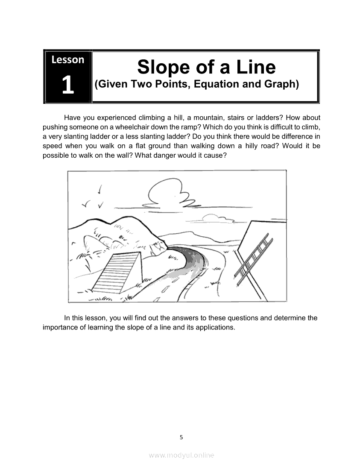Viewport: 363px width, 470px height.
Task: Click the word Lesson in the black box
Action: [67, 60]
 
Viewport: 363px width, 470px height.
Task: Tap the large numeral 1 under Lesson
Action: [68, 85]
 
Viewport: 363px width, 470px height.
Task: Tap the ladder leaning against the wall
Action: [254, 259]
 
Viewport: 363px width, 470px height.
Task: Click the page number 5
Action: [181, 438]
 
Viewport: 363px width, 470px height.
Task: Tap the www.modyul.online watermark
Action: [181, 455]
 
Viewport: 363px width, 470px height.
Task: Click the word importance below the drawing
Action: [60, 327]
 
